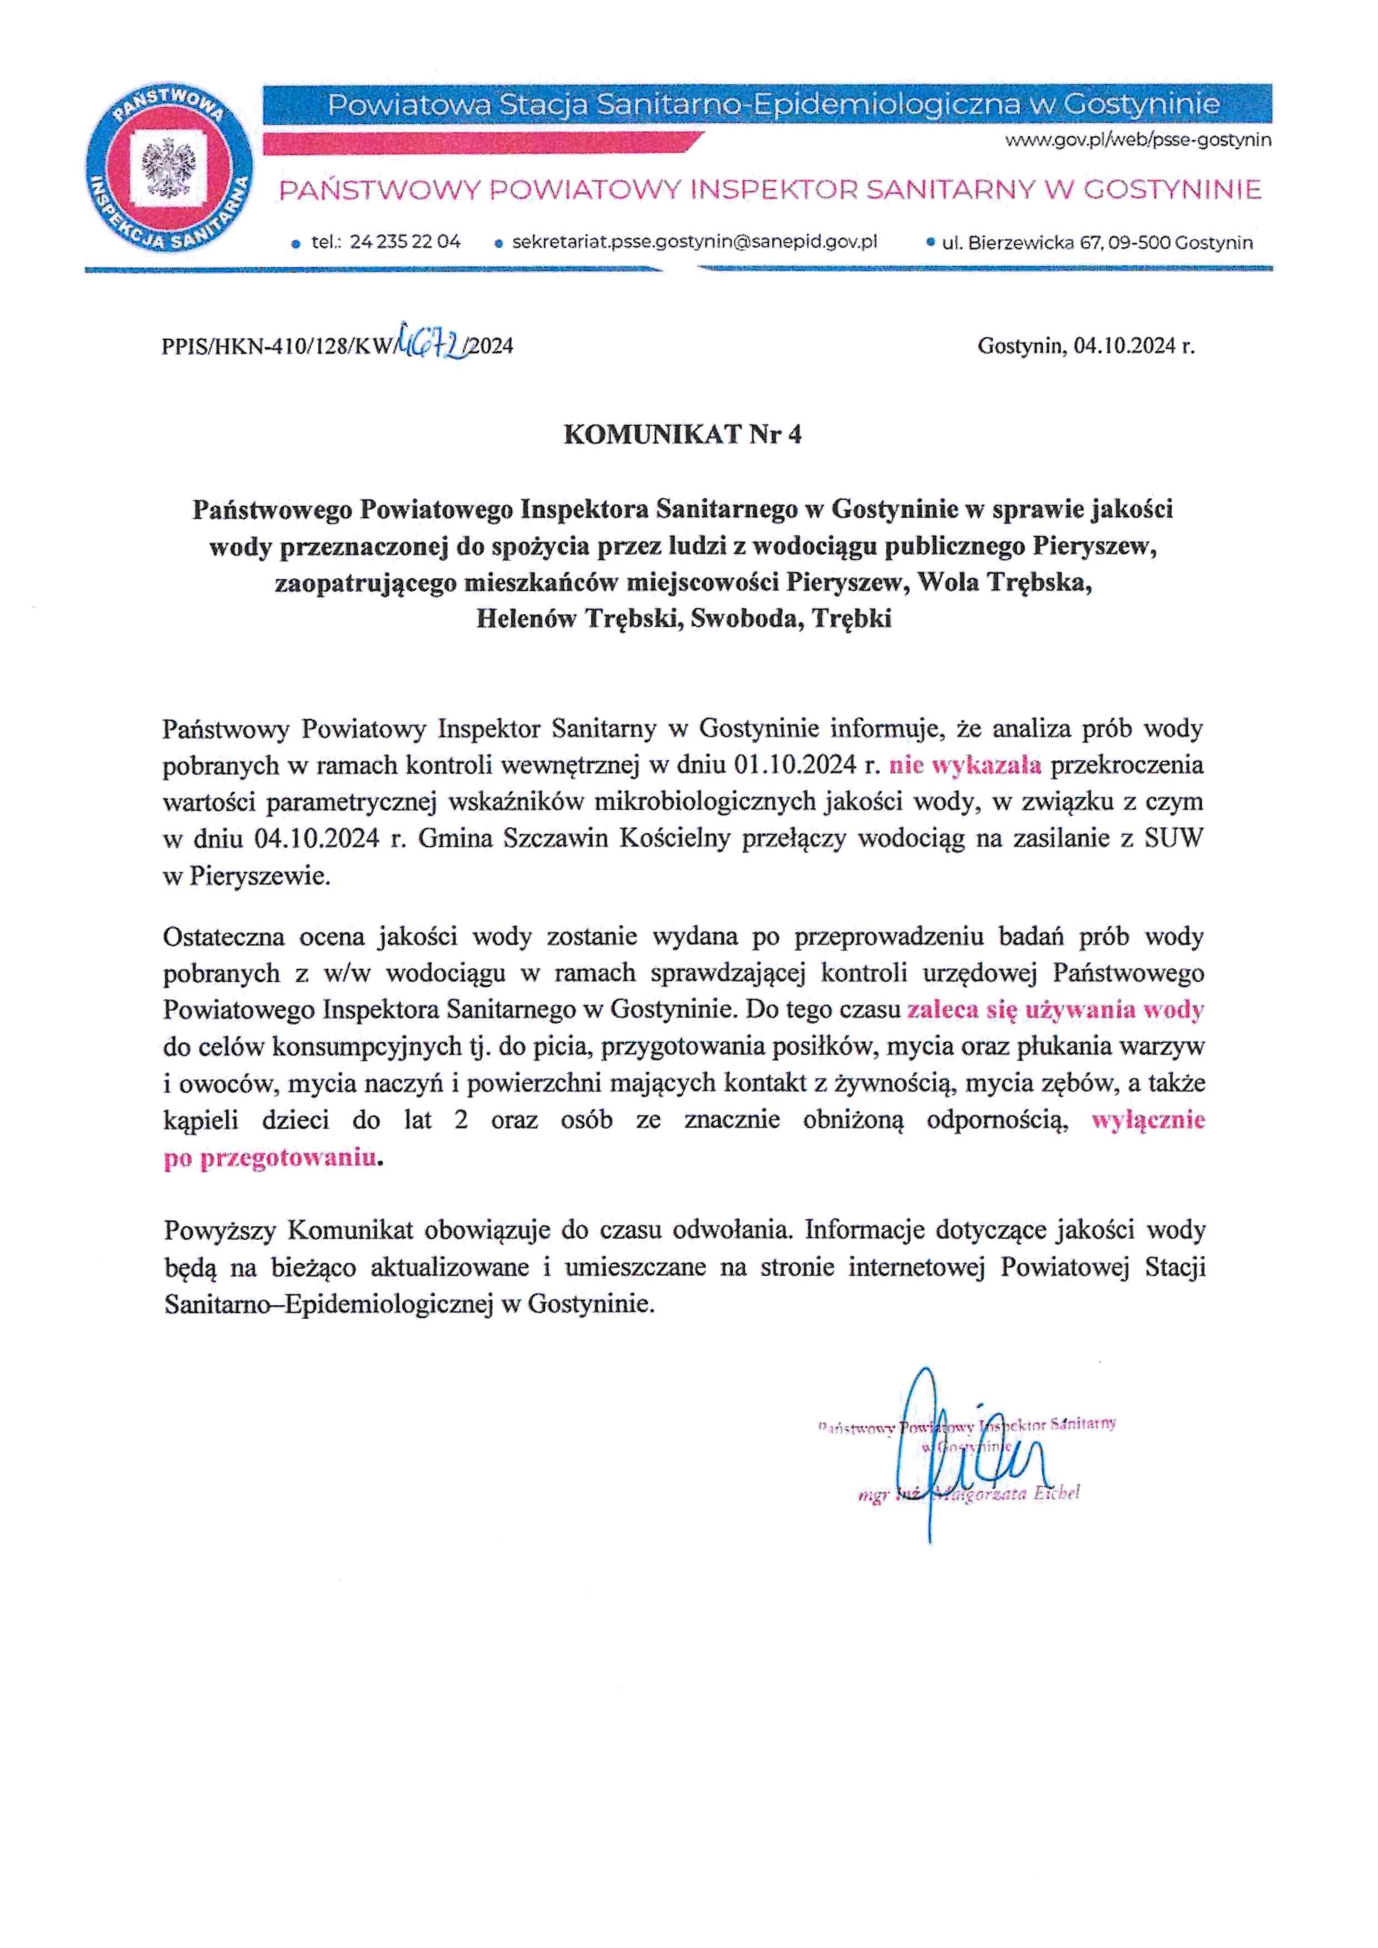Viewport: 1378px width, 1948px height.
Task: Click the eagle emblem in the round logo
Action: tap(169, 167)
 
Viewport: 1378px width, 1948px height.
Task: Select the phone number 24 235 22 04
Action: tap(405, 242)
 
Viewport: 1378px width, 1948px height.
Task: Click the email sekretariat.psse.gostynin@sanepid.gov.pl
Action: tap(694, 242)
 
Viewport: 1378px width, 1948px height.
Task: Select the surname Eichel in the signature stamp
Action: tap(1055, 1493)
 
